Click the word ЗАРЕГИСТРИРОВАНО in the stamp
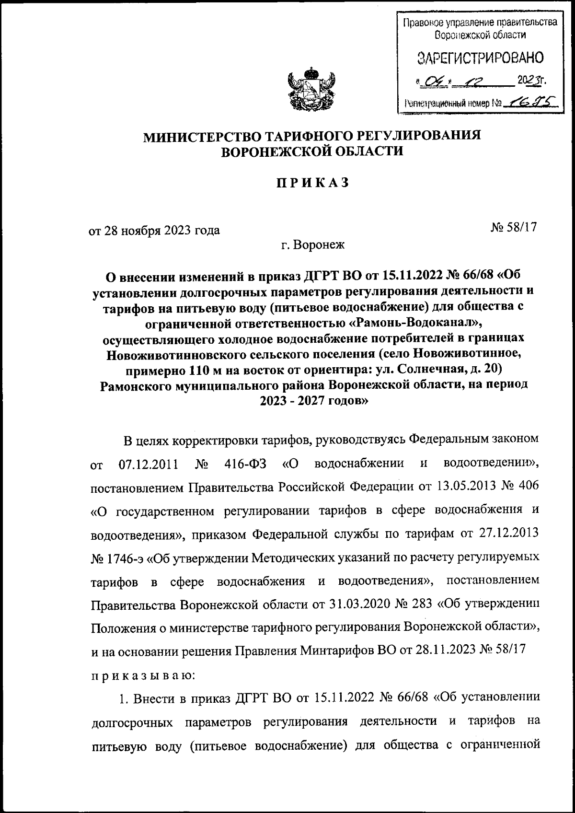(479, 58)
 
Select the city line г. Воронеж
(312, 245)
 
